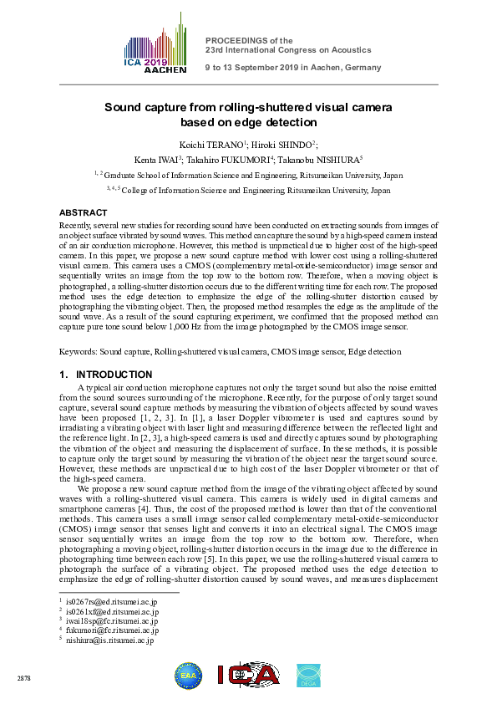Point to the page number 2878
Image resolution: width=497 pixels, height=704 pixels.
tap(23, 678)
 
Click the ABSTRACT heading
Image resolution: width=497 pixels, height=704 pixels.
tap(83, 213)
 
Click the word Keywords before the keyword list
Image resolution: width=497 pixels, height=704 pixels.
tap(79, 353)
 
